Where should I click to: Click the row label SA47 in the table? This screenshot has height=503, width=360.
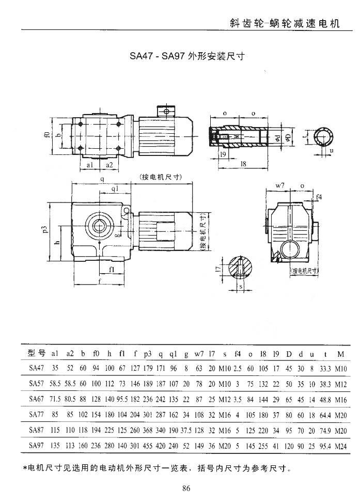[x=37, y=369]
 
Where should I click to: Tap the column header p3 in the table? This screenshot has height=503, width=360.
[x=147, y=354]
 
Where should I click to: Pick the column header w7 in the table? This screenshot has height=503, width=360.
[x=199, y=354]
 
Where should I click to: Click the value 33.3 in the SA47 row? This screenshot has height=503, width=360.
[x=325, y=369]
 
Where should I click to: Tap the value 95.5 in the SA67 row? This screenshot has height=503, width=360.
[x=122, y=399]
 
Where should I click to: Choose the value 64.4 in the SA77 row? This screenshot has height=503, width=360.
[x=325, y=414]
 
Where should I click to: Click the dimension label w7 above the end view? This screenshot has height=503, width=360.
[x=280, y=184]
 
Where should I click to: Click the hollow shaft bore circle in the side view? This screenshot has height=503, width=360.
[x=100, y=226]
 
